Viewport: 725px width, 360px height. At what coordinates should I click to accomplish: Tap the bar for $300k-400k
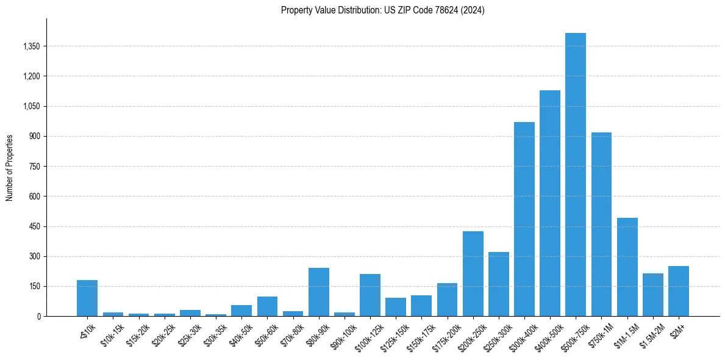click(524, 219)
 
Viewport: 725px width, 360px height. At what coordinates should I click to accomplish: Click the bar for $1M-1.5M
click(627, 267)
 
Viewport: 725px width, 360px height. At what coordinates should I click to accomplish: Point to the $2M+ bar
click(678, 291)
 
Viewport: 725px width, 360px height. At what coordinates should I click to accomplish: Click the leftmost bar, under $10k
click(87, 298)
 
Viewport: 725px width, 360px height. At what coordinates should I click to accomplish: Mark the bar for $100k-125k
click(370, 295)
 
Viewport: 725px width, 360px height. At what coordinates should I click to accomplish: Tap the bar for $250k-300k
click(498, 284)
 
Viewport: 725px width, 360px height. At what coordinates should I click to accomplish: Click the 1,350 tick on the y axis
click(30, 46)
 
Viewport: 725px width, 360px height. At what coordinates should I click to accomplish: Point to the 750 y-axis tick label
click(34, 167)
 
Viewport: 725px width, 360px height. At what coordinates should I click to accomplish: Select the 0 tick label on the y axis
click(38, 317)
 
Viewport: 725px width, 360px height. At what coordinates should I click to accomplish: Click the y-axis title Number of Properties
click(10, 168)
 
